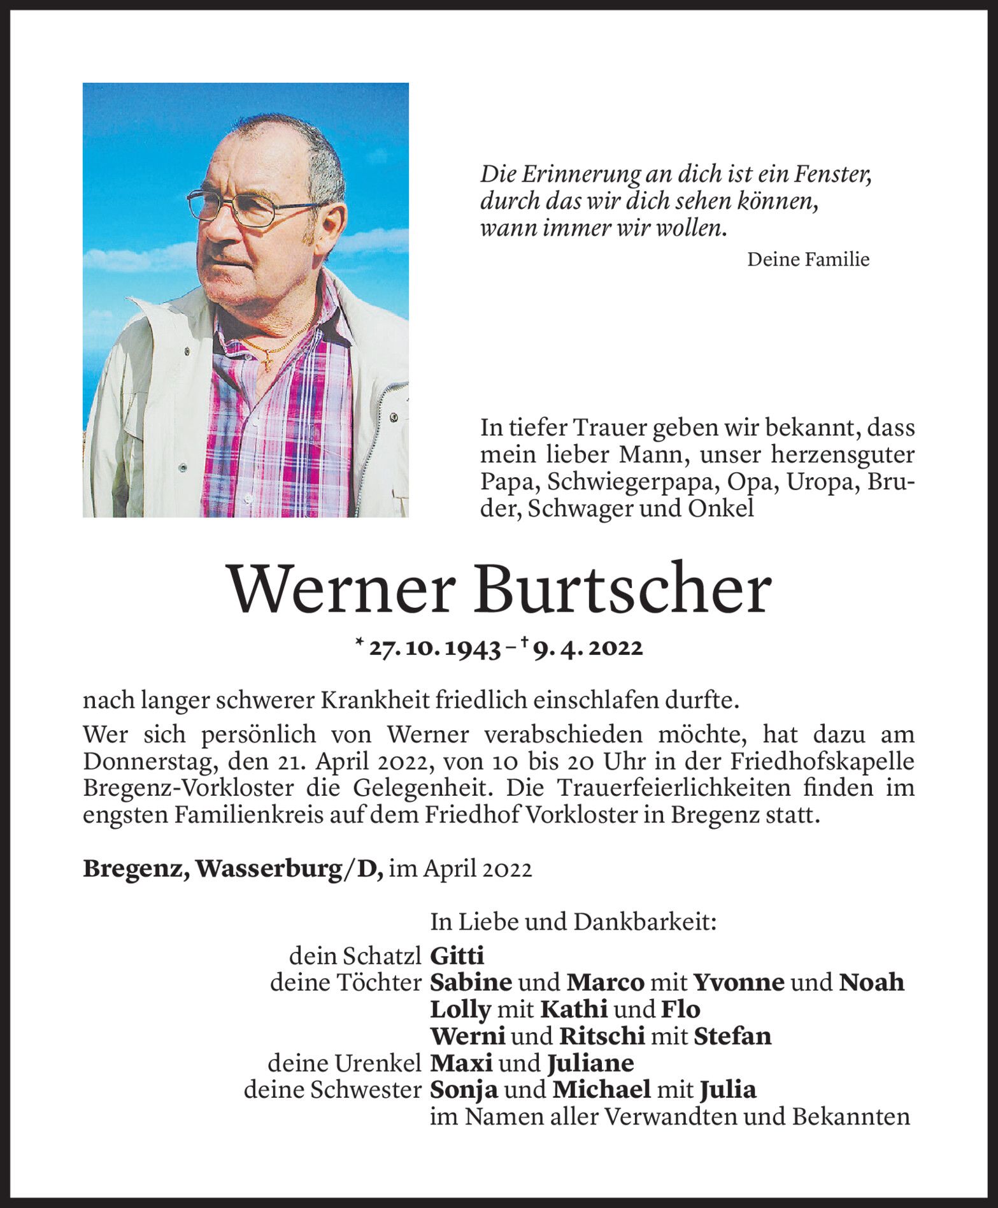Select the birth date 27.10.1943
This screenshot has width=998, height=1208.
pyautogui.click(x=435, y=648)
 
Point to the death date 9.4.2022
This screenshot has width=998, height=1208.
pyautogui.click(x=588, y=648)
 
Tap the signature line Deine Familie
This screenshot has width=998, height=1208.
pyautogui.click(x=808, y=259)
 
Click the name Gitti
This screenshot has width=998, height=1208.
pyautogui.click(x=457, y=956)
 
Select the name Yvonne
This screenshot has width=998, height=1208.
pyautogui.click(x=738, y=982)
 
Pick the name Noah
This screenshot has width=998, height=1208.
pyautogui.click(x=871, y=982)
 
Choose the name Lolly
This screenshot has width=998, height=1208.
pyautogui.click(x=460, y=1010)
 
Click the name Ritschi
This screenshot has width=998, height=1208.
pyautogui.click(x=602, y=1037)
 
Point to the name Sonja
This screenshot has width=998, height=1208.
pyautogui.click(x=464, y=1090)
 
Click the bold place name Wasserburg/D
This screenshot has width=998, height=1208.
pyautogui.click(x=289, y=869)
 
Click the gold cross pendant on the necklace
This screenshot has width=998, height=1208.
pyautogui.click(x=268, y=363)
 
